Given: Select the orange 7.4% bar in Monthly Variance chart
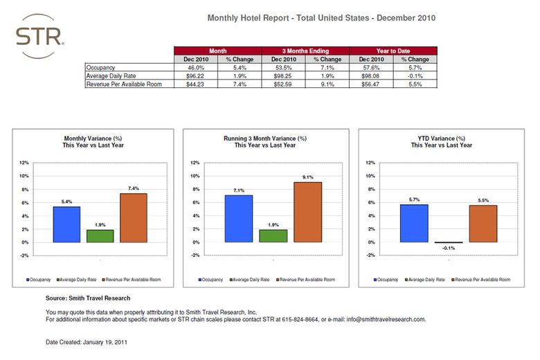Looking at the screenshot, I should coord(134,218).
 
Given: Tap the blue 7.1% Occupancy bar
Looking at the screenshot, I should coord(238,219).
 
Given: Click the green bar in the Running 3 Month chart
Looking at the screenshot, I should coord(272,236).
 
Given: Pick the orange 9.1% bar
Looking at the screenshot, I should coord(307,212).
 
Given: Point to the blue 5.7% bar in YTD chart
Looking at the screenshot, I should coord(414,224).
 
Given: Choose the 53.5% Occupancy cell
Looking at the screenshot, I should coord(284,68).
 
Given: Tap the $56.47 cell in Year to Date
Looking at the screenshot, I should coord(370,84).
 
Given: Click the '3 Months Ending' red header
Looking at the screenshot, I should coord(305,51).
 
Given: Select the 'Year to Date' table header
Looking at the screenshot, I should coord(393,51).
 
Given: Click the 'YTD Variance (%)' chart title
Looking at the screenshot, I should coord(441,138).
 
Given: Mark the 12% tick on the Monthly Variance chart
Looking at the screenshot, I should coord(24,163).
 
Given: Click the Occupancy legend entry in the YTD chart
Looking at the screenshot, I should coord(387,280).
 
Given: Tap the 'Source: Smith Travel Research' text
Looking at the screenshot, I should coord(87,298).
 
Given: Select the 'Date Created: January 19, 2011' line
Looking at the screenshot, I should coord(86,342).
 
